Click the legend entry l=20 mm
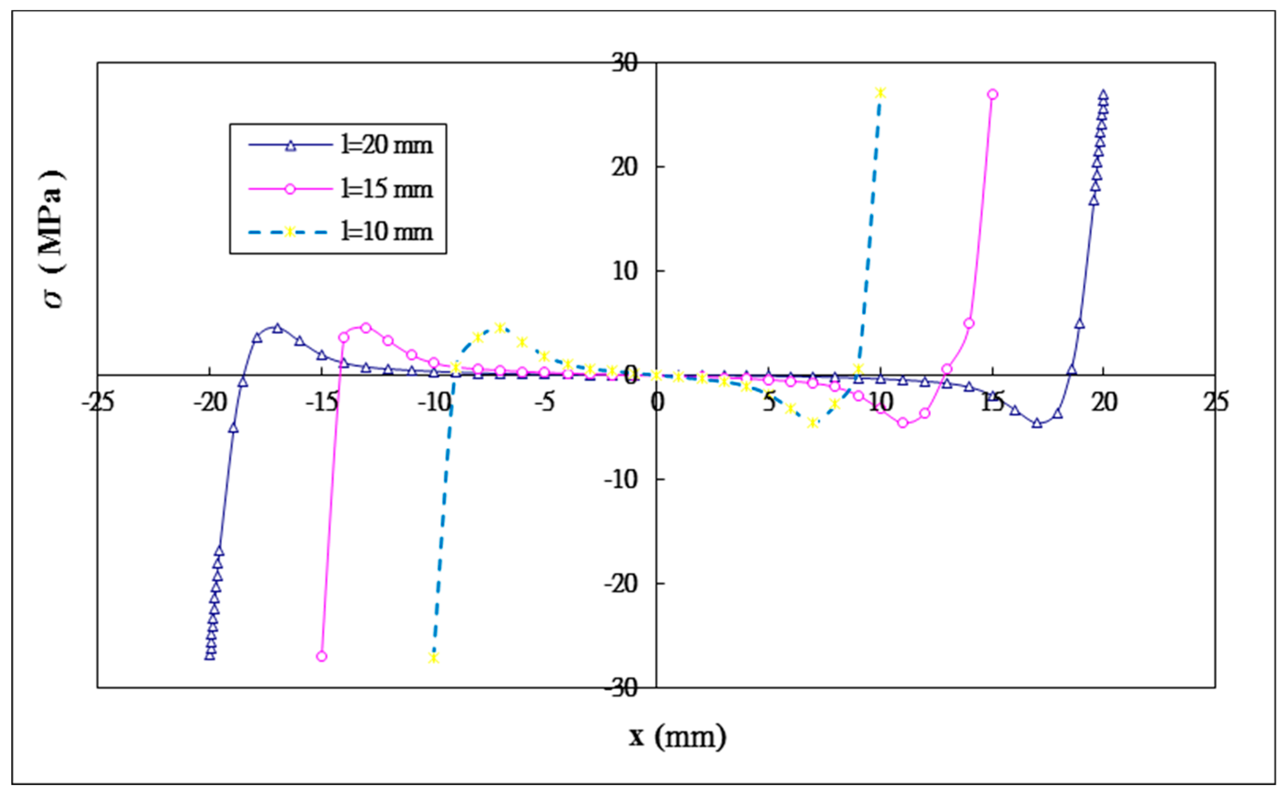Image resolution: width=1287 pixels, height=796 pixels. point(386,145)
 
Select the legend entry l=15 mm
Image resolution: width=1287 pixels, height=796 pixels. point(386,188)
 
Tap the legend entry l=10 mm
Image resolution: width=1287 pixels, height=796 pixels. point(386,232)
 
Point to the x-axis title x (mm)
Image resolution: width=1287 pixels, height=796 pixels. point(677,737)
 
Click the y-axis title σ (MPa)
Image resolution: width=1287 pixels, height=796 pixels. point(52,239)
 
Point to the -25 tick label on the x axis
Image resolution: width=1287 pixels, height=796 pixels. point(97,403)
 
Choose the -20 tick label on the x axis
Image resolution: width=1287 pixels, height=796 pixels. point(209,403)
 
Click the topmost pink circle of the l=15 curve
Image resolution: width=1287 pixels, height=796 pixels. point(993,94)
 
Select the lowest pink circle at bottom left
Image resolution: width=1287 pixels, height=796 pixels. point(322,656)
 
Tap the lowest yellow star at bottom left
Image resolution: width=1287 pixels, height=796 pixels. point(433,658)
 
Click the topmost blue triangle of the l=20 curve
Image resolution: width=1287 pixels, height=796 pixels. point(1103,95)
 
